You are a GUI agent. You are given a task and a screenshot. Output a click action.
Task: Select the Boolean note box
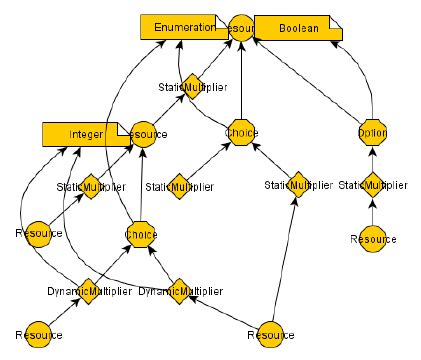coord(298,29)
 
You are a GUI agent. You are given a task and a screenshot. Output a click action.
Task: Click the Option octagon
coord(372,133)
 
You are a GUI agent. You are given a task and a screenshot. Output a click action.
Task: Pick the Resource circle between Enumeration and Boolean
coord(240,28)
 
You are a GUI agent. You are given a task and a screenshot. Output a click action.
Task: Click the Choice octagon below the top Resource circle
coord(241,133)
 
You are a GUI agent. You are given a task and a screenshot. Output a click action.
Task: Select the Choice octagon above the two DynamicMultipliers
coord(141,237)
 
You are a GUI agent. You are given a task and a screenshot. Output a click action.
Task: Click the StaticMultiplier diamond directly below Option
coord(373,185)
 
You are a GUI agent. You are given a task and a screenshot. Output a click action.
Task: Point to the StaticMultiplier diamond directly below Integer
coord(88,186)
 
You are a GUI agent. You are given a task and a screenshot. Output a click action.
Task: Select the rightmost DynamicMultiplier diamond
coord(179,290)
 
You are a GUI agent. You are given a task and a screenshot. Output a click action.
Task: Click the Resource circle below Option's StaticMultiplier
coord(373,239)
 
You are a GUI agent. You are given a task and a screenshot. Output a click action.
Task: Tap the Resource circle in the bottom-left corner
coord(39,332)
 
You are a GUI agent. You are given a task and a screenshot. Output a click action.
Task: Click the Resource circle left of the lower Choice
coord(39,233)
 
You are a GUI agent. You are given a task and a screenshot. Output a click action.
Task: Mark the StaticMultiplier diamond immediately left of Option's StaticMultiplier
coord(297,185)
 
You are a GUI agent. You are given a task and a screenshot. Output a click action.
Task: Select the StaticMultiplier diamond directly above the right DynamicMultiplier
coord(179,185)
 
